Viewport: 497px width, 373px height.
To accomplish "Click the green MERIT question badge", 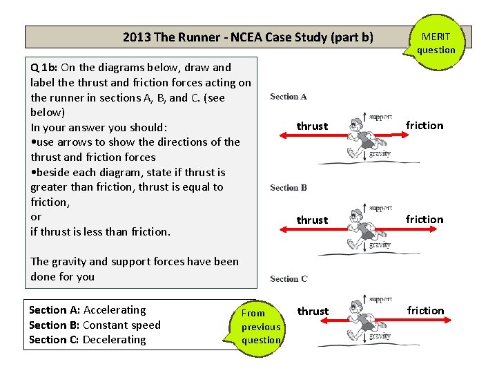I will coord(436,43).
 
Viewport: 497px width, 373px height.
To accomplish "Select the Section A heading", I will coord(289,97).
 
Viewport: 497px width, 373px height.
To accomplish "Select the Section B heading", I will coord(289,188).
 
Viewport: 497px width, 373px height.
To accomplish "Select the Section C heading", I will coord(289,279).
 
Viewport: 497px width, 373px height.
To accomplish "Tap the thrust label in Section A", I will coord(312,126).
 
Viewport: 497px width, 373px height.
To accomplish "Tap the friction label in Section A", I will coord(425,125).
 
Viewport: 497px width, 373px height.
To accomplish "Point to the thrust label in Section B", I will coord(312,220).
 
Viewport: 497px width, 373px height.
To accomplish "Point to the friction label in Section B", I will coord(425,219).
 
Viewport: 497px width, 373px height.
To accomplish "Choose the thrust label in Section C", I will coord(313,311).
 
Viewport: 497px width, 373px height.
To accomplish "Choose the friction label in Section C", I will coord(425,310).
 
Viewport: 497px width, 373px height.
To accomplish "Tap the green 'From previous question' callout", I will coord(260,327).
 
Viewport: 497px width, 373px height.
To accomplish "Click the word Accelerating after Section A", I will coord(115,309).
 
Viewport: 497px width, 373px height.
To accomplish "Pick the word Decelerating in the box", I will coord(114,339).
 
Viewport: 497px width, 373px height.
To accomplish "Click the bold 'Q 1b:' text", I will coord(45,68).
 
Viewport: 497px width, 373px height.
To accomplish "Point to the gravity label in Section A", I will coord(380,153).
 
